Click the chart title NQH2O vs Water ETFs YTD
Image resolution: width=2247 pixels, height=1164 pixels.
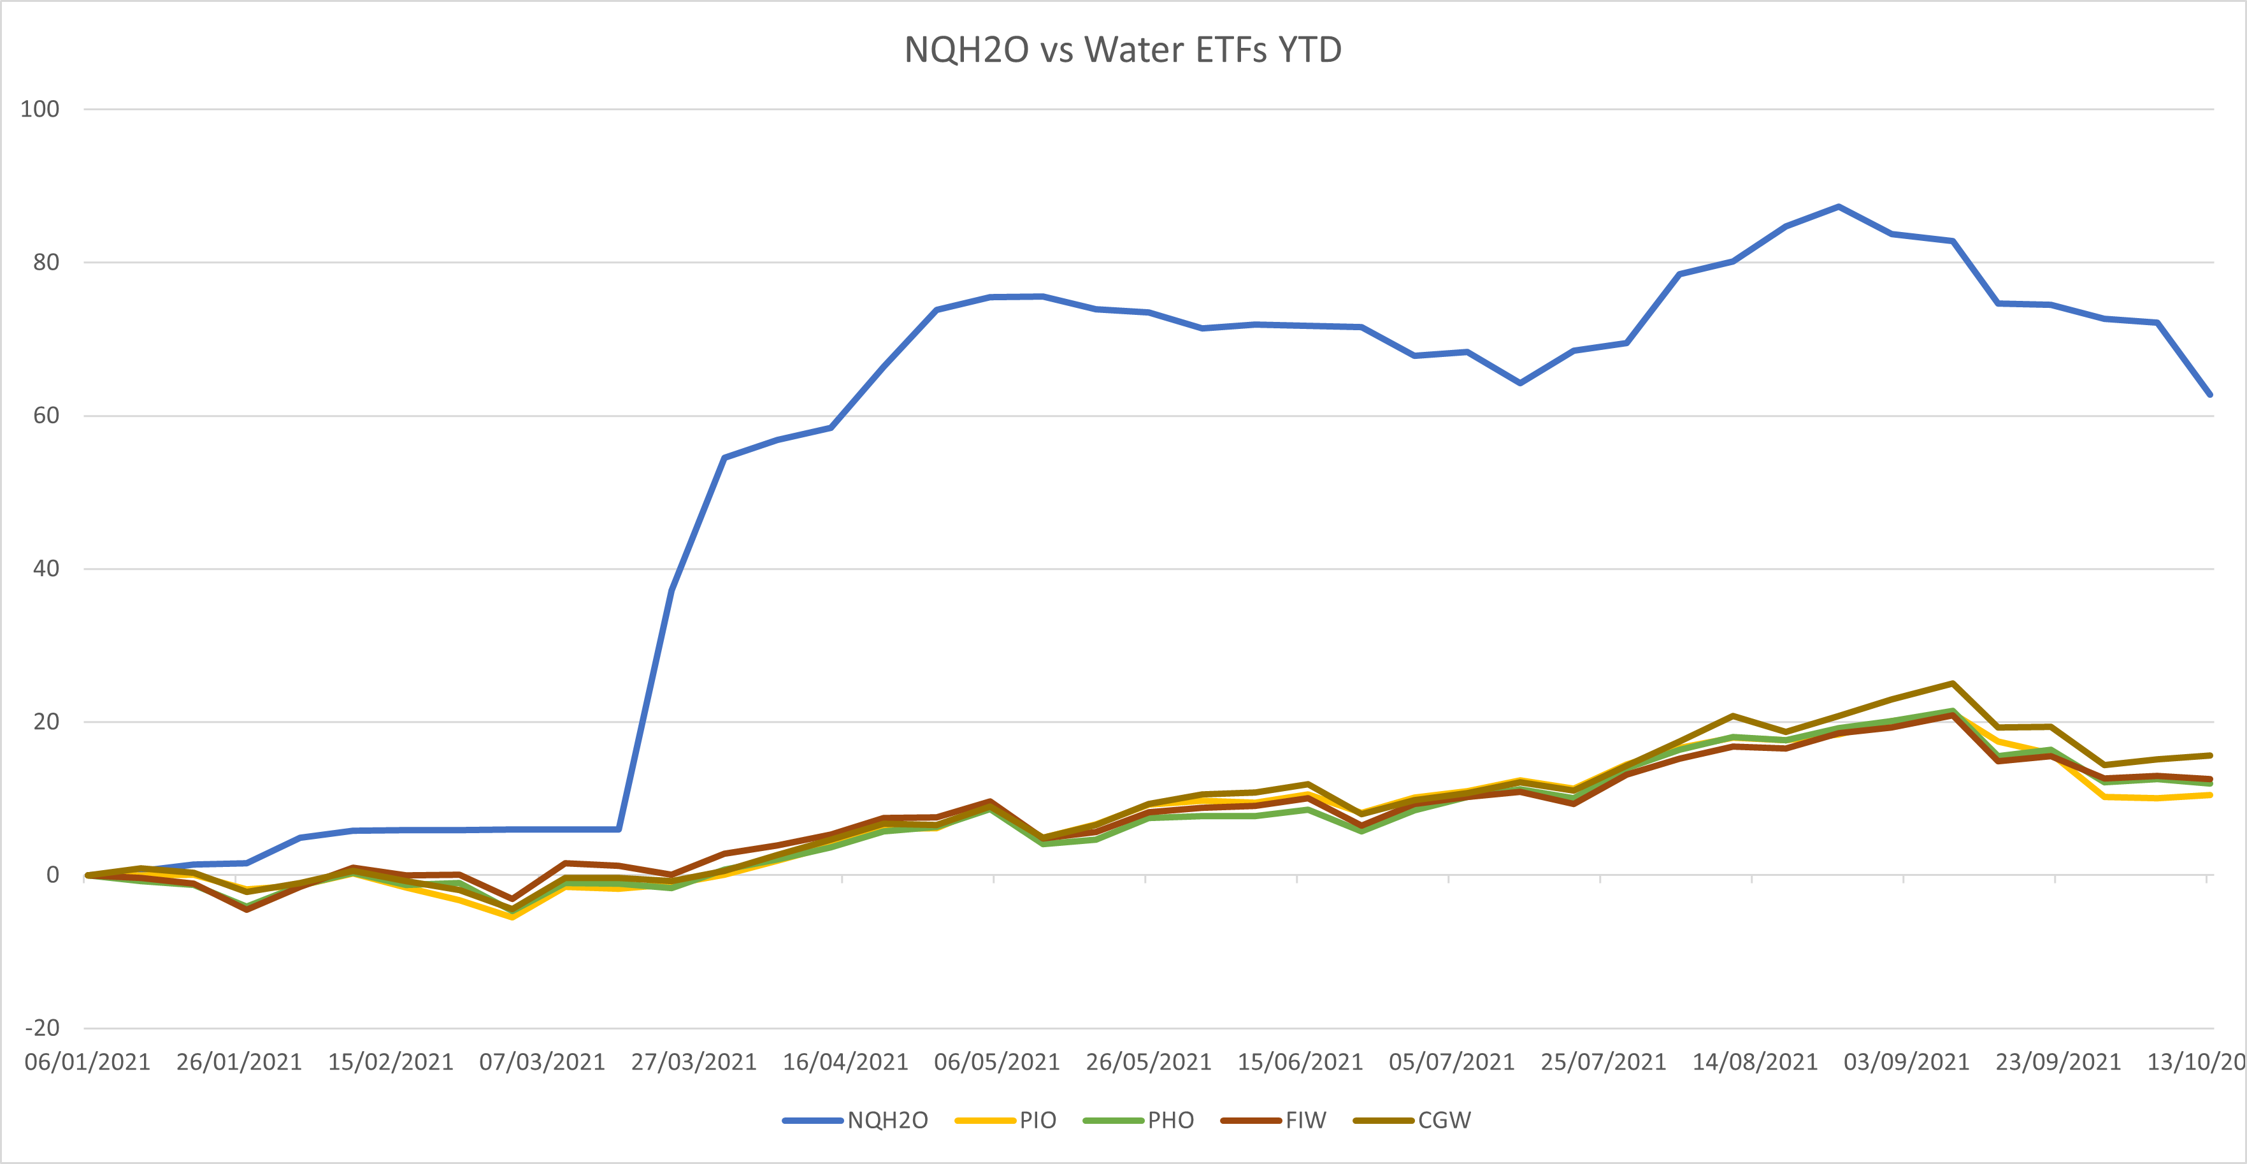(1123, 50)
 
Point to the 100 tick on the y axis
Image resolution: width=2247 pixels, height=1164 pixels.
(40, 109)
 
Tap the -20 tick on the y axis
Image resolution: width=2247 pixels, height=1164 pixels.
(42, 1028)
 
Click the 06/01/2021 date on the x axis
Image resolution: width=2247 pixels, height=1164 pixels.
(87, 1062)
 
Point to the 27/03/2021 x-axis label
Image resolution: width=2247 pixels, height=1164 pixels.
(693, 1062)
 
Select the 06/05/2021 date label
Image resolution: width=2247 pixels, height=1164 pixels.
(996, 1062)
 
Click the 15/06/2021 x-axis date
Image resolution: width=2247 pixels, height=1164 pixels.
(1300, 1062)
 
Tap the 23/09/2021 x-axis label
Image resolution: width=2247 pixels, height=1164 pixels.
(2058, 1062)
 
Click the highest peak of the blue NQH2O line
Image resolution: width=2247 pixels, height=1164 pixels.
(1839, 207)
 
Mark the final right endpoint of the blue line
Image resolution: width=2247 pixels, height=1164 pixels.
(2209, 395)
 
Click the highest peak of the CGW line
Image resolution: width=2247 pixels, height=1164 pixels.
(1952, 683)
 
